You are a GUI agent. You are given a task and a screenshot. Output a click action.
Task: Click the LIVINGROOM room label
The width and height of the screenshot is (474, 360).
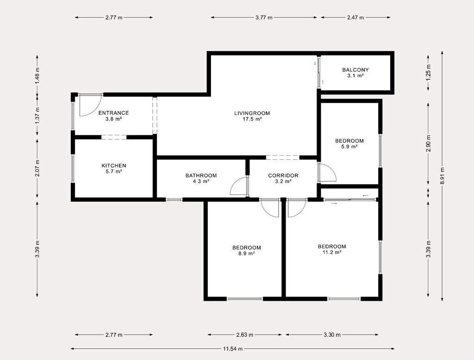point(252,113)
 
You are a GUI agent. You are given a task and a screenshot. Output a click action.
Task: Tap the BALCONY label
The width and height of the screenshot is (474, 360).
point(355,70)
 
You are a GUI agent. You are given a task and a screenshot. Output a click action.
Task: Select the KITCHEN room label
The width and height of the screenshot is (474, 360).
point(114,166)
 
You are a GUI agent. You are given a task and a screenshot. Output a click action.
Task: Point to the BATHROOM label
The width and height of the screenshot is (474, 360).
point(201,176)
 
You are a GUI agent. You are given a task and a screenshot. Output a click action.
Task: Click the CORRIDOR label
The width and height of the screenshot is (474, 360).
point(283,176)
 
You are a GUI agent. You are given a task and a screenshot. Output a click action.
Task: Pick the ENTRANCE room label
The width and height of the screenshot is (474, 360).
point(114,113)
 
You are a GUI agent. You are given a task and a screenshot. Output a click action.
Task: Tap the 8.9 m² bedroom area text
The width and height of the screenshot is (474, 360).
point(246,253)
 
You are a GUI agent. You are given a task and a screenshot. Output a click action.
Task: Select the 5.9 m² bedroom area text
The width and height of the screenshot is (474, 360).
point(349,146)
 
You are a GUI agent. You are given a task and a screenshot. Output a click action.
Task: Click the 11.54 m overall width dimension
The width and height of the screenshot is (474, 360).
point(233,348)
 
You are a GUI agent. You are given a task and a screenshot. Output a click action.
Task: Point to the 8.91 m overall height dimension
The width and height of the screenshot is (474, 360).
point(442,176)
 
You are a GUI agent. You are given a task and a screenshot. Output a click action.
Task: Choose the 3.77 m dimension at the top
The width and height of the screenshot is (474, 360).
point(264,18)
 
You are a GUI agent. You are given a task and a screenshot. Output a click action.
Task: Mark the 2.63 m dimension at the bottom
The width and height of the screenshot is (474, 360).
point(245,335)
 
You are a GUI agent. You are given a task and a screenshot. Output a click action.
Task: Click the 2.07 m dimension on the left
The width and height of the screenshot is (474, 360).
point(37,168)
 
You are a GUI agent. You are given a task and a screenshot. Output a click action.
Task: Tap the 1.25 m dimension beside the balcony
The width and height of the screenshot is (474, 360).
point(428,73)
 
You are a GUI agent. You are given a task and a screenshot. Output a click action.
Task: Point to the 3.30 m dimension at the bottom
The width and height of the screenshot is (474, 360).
point(332,335)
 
